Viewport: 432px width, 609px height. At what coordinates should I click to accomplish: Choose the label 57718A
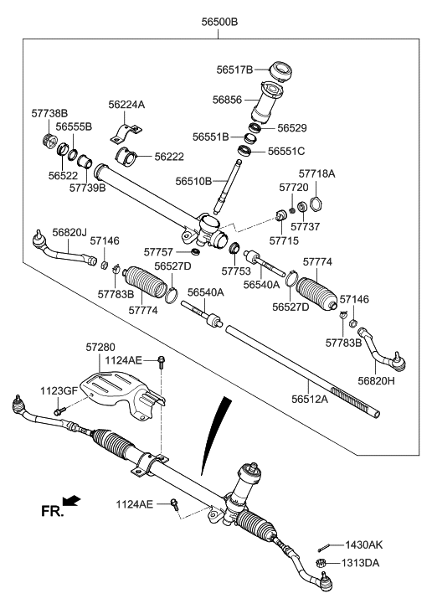coord(318,173)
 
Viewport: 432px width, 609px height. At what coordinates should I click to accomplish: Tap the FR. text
coord(51,510)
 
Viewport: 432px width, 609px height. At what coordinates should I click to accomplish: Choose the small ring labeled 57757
coord(195,251)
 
